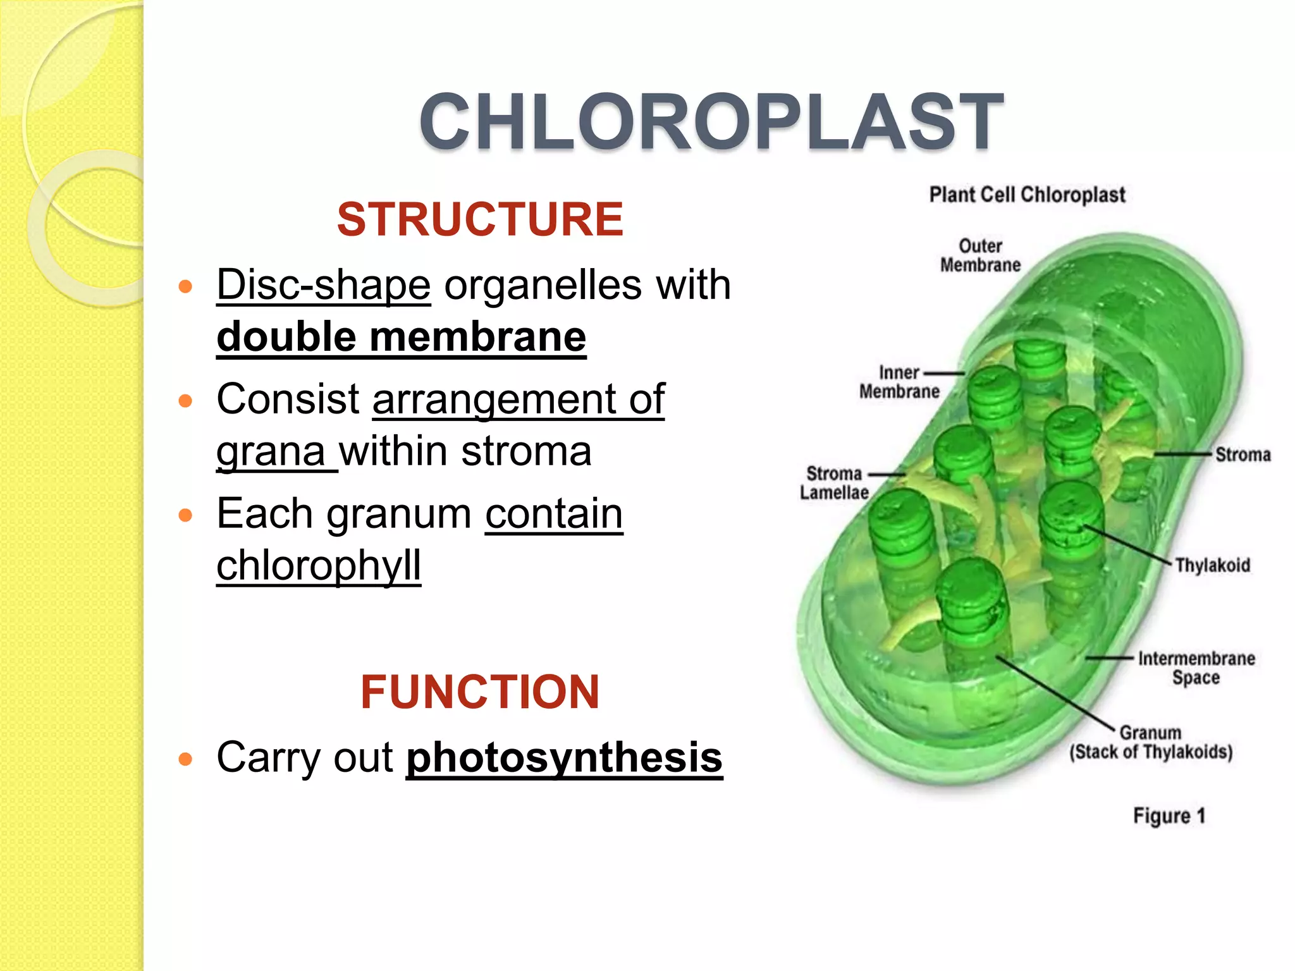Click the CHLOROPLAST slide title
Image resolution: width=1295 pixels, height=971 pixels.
(x=711, y=121)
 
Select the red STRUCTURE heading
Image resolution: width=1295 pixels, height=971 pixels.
(x=480, y=219)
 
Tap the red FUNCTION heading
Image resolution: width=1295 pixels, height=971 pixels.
(x=480, y=692)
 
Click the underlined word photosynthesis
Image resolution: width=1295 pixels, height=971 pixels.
(x=564, y=757)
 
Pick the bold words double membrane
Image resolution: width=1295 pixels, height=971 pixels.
(x=401, y=337)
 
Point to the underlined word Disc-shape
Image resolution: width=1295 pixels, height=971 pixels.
(x=324, y=284)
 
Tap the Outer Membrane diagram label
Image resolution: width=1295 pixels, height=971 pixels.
(x=980, y=255)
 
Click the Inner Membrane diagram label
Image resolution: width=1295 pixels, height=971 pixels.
(x=899, y=382)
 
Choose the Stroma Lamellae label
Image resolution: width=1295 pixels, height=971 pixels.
(x=834, y=483)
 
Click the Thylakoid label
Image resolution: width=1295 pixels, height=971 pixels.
(x=1212, y=565)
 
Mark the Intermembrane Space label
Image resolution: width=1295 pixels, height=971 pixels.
(x=1196, y=668)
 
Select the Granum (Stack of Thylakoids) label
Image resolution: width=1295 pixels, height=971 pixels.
(x=1151, y=742)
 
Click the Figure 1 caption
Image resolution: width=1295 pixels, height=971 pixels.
(x=1169, y=815)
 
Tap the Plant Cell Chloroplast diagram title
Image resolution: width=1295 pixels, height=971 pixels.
(x=1027, y=194)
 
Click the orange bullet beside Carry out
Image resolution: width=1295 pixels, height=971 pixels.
(x=185, y=759)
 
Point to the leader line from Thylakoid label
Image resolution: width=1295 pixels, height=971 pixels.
(x=1129, y=544)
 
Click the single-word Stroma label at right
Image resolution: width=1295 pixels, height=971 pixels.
(x=1243, y=455)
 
